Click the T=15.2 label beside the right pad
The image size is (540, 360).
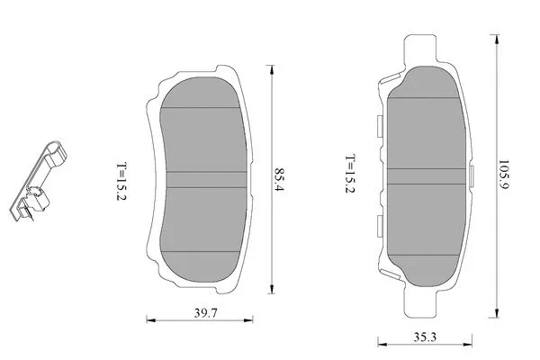(x=350, y=175)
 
